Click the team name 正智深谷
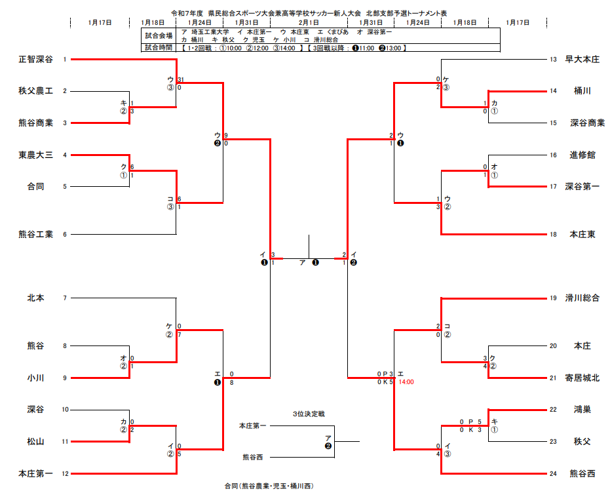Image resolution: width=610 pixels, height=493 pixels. coord(35,60)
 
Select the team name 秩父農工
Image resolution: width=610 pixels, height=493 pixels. coord(35,91)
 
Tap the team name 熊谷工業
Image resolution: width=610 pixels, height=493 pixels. coord(35,234)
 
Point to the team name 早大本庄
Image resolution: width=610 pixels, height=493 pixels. coord(582,60)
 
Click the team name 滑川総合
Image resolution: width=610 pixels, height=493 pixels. coord(582,298)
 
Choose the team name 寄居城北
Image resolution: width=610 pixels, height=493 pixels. coord(582,378)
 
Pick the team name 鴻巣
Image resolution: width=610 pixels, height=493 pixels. coord(582,410)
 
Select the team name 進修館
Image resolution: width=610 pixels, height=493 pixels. coord(582,155)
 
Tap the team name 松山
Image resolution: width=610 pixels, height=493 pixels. coord(35,442)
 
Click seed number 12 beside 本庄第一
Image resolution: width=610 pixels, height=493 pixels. coord(65,473)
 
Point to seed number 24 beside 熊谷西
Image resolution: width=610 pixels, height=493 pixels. coord(553,473)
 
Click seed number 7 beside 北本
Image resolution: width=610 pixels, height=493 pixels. coord(65,298)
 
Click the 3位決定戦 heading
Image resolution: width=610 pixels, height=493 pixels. coord(309,414)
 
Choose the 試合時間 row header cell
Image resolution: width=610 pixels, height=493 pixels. coord(159,47)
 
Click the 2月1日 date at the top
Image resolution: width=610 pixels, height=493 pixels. coord(309,22)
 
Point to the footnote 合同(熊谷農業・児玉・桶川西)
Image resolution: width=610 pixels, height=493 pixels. coord(269,486)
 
